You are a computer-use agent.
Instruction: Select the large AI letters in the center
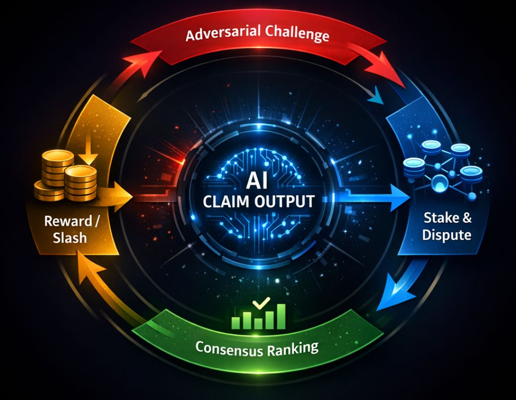258,182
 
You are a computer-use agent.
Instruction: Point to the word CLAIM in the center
225,201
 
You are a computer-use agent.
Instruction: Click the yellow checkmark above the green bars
261,304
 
